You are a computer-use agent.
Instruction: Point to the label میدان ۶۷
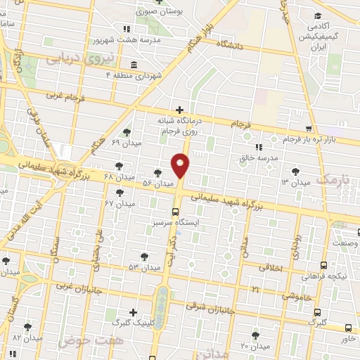(x=119, y=203)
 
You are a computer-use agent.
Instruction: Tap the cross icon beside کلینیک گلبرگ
(x=133, y=312)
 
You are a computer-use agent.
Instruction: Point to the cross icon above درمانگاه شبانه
(x=180, y=109)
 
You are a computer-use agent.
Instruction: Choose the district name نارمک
(x=332, y=181)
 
